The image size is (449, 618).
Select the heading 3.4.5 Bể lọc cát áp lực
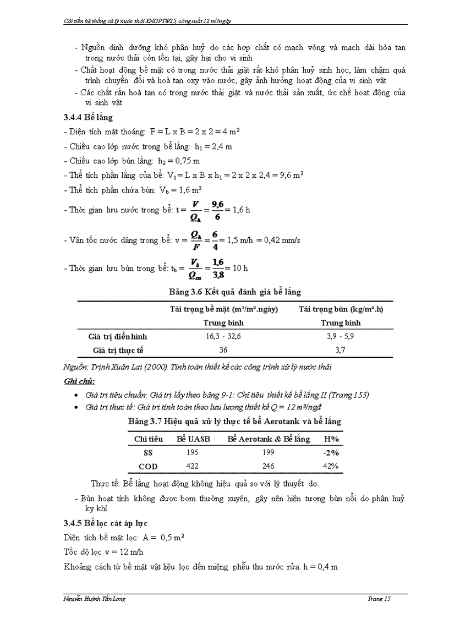click(x=105, y=522)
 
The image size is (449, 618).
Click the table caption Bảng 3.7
click(x=234, y=421)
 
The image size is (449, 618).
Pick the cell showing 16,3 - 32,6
click(x=223, y=336)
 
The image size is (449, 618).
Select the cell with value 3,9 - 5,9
click(x=341, y=336)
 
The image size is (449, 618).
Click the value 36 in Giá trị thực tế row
click(x=223, y=349)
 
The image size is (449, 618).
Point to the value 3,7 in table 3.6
click(x=341, y=349)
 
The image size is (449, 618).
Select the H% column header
click(x=331, y=439)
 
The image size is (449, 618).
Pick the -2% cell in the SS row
click(x=331, y=452)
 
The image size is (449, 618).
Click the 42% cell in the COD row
click(x=331, y=466)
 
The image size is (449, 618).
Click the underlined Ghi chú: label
click(x=79, y=381)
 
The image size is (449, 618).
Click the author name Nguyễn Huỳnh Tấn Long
click(x=91, y=599)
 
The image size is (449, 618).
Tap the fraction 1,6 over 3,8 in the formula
click(x=218, y=269)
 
